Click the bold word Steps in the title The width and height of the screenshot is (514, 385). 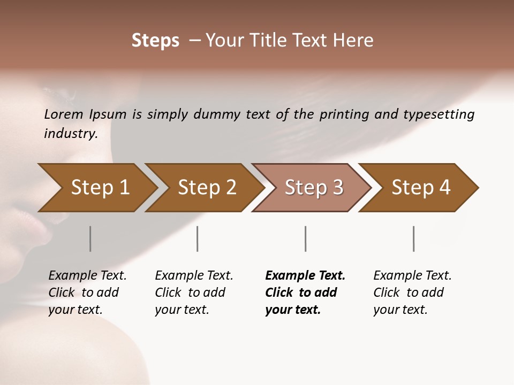pos(155,41)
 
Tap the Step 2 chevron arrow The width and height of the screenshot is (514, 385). pos(207,188)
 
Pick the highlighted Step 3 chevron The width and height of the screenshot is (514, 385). pos(314,188)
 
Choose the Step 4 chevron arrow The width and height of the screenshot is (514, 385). pos(421,188)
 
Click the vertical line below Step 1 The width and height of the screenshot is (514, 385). pos(90,238)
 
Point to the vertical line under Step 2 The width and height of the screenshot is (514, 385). pos(198,238)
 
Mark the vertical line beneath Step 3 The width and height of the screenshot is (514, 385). pos(306,238)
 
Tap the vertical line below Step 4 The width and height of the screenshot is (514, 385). pos(414,238)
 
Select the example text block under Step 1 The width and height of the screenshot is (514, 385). pos(87,292)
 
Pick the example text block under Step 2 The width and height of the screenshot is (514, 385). pos(194,292)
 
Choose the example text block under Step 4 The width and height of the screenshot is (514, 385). pos(412,292)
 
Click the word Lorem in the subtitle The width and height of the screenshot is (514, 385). pos(64,114)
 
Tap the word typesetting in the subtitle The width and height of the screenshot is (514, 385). pos(443,114)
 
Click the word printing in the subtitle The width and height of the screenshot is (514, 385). pos(343,114)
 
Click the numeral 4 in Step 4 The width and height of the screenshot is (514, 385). pos(444,188)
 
